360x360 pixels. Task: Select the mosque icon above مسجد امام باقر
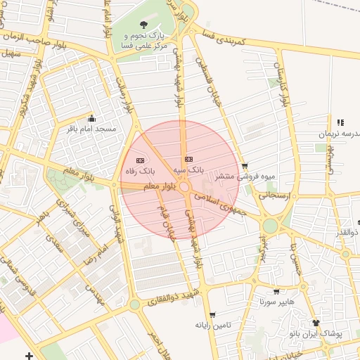[91, 119]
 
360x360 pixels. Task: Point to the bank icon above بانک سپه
[188, 159]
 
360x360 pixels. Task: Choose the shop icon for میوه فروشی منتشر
[244, 167]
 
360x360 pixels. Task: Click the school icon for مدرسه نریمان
[340, 123]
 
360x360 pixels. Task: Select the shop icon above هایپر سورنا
[276, 291]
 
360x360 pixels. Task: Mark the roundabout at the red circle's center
[184, 188]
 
